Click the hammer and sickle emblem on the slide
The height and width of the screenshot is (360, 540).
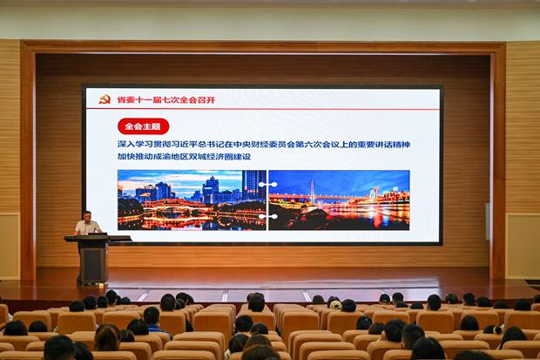coord(105,99)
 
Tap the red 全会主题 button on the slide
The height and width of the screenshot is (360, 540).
coord(143,126)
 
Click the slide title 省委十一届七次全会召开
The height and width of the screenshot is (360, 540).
coord(166,100)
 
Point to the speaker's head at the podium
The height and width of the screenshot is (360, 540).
coord(87,216)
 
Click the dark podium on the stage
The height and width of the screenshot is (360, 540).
coord(94,258)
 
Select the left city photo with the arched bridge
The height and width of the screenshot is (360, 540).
coord(192,200)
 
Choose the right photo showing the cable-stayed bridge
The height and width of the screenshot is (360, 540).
coord(339,200)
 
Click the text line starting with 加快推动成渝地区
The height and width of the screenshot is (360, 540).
coord(184,157)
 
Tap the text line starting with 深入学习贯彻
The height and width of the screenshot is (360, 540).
coord(263,145)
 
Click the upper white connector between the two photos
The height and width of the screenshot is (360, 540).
coord(268,185)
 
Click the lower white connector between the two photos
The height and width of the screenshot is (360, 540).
coord(268,216)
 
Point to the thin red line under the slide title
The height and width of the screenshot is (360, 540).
coord(262,109)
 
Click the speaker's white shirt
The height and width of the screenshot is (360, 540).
coord(87,228)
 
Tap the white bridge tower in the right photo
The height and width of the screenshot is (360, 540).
coord(312,192)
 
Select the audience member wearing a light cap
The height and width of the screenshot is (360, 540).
coord(335,304)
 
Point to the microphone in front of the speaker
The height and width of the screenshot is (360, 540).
coord(85,228)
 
